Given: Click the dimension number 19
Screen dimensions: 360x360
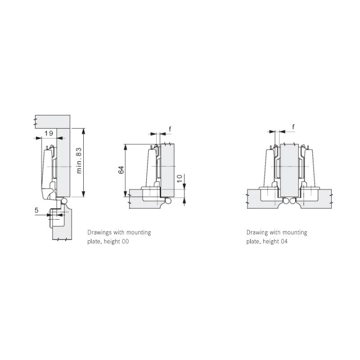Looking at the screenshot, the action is pos(49,133).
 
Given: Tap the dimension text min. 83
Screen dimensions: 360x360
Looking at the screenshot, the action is pos(79,160).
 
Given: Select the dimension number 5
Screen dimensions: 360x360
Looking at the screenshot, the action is pos(36,210).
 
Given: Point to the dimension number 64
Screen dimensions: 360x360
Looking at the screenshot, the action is pos(121,170).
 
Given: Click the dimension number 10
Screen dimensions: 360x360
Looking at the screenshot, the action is pos(180,178).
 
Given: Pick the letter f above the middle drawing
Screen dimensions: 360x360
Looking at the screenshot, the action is pos(170,129).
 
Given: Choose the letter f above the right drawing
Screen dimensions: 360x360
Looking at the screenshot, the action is pos(293,126).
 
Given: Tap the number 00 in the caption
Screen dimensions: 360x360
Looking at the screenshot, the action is pos(126,242).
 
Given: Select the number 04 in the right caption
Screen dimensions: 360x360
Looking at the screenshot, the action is pos(284,242).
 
